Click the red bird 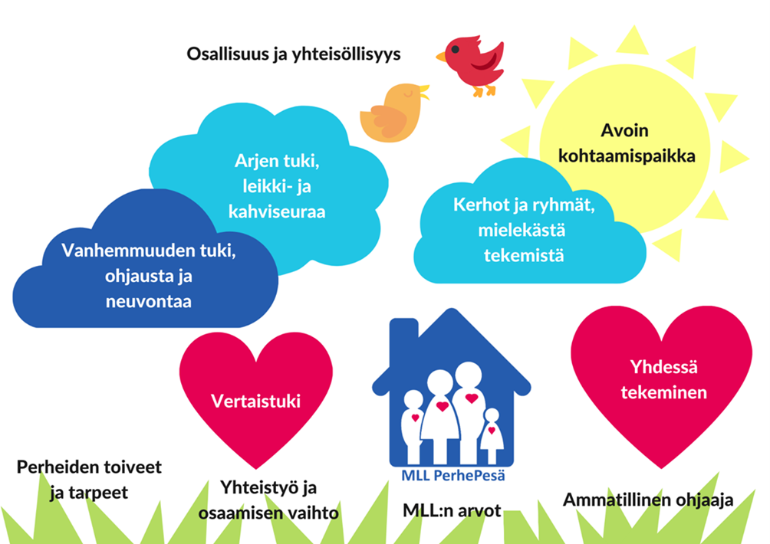(x=472, y=63)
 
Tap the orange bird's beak (x=424, y=91)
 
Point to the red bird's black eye (x=456, y=49)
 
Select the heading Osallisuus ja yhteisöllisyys (x=294, y=54)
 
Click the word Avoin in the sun (x=624, y=130)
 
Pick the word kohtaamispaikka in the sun (x=627, y=156)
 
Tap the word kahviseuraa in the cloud (x=277, y=211)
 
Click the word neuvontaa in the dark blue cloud (x=148, y=301)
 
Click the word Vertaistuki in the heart (x=255, y=401)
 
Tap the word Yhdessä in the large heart (x=663, y=367)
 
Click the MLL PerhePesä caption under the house (x=453, y=475)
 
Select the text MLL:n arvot (x=452, y=510)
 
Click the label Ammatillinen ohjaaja (x=648, y=500)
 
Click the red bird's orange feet (x=484, y=90)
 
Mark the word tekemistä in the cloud (x=524, y=255)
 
